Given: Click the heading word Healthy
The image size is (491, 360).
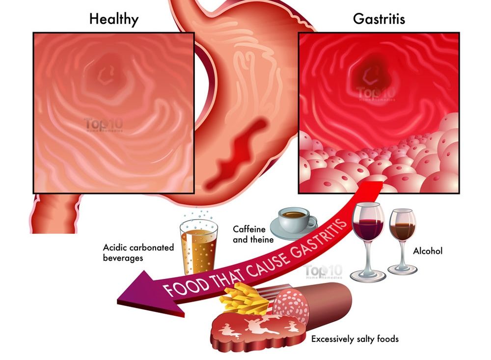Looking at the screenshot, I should pos(113,19).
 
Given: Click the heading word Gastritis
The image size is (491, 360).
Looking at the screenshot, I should pos(379,19).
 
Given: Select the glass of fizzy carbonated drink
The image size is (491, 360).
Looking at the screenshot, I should pos(198,248).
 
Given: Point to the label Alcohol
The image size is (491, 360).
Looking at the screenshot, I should pos(428,251).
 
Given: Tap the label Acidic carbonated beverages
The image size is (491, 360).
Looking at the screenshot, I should pos(138,252).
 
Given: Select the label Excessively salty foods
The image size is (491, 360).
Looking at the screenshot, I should pos(355,338).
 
